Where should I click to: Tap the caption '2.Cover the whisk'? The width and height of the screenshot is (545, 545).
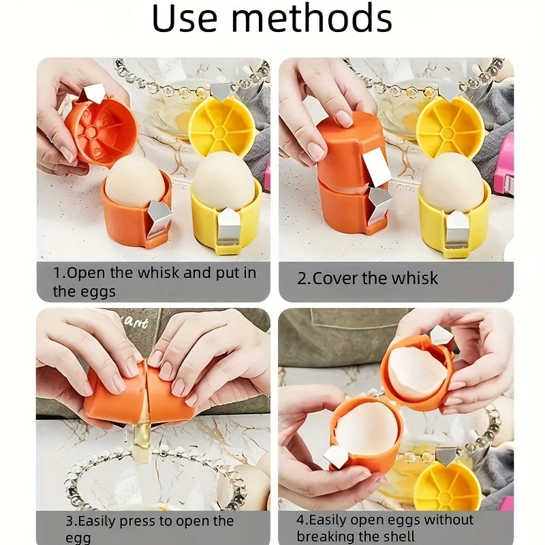point(368,278)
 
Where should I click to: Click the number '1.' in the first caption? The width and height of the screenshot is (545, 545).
point(59,272)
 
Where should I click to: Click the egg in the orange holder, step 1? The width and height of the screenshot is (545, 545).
point(134,181)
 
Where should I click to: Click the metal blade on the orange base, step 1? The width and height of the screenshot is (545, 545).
point(159,217)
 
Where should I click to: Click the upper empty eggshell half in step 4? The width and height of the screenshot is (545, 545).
point(416,371)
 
